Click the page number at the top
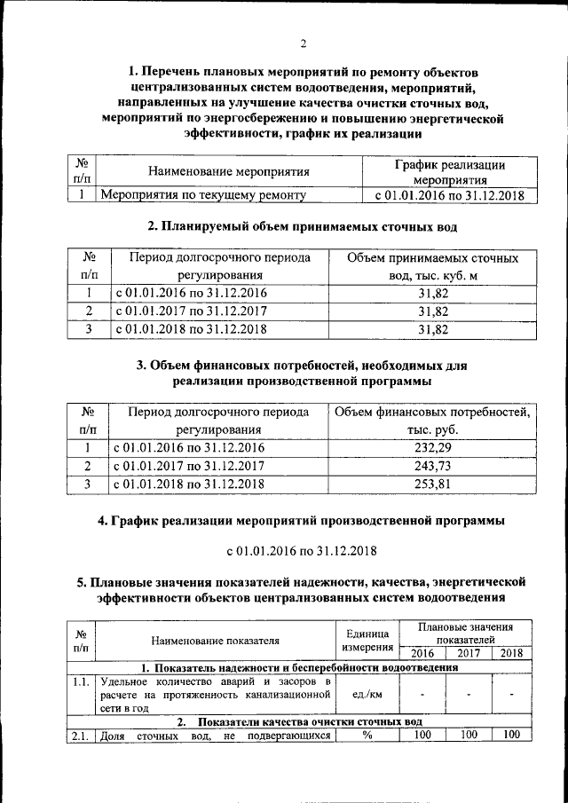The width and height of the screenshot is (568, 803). point(303,44)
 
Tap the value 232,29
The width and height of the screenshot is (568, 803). point(432,447)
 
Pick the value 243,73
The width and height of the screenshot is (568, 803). point(432,466)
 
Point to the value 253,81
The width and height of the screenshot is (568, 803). point(432,484)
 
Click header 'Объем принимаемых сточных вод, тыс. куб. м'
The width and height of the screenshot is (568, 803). point(432,267)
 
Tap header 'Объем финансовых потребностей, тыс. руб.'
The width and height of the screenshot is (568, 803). point(432,421)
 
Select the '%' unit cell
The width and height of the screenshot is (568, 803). point(367,735)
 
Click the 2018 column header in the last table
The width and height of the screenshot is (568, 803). point(511,654)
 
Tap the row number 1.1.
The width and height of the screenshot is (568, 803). point(81,681)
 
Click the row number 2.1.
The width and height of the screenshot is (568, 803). point(81,735)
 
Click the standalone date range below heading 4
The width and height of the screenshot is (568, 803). point(303,551)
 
